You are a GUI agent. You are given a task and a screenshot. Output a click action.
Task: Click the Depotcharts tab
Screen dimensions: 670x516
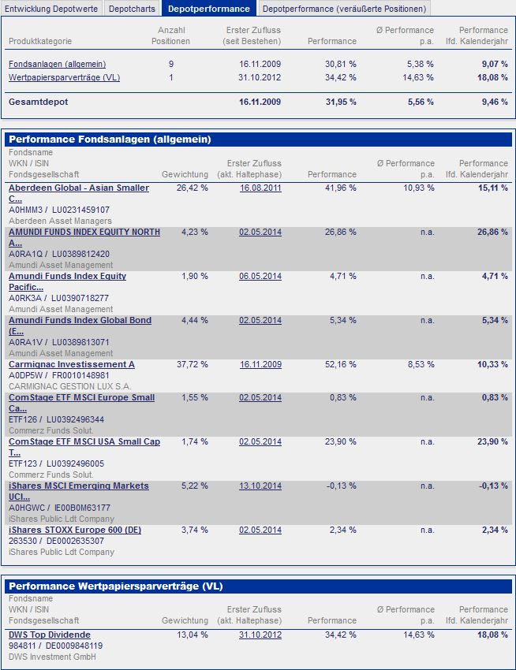(x=132, y=9)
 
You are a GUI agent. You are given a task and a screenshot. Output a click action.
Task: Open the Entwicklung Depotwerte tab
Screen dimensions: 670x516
(x=51, y=9)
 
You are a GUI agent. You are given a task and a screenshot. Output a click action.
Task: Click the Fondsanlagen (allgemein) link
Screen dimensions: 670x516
(x=57, y=64)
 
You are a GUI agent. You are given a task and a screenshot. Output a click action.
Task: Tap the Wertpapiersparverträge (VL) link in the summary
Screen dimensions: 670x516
(x=64, y=77)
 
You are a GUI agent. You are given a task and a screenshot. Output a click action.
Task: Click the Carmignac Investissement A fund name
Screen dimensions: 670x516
(x=72, y=365)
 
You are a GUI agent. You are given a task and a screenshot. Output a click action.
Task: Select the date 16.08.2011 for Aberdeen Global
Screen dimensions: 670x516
(x=260, y=188)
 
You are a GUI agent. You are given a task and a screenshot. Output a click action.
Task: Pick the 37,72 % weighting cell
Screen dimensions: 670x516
(x=193, y=365)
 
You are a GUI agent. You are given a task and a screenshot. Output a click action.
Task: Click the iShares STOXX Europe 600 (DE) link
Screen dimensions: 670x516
(x=75, y=530)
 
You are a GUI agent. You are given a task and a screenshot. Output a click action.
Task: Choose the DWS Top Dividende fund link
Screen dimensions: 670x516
(x=50, y=635)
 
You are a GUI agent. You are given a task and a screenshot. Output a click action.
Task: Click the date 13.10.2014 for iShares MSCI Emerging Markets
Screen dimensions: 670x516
(x=260, y=486)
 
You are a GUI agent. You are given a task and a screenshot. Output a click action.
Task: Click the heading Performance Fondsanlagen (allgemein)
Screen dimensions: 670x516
(x=110, y=140)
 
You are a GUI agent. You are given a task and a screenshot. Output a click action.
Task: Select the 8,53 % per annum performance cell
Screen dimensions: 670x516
(x=418, y=365)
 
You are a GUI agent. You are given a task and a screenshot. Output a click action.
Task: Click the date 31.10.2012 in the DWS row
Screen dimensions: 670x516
(x=260, y=635)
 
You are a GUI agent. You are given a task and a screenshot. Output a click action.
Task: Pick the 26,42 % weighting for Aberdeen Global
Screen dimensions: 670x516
(x=193, y=188)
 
